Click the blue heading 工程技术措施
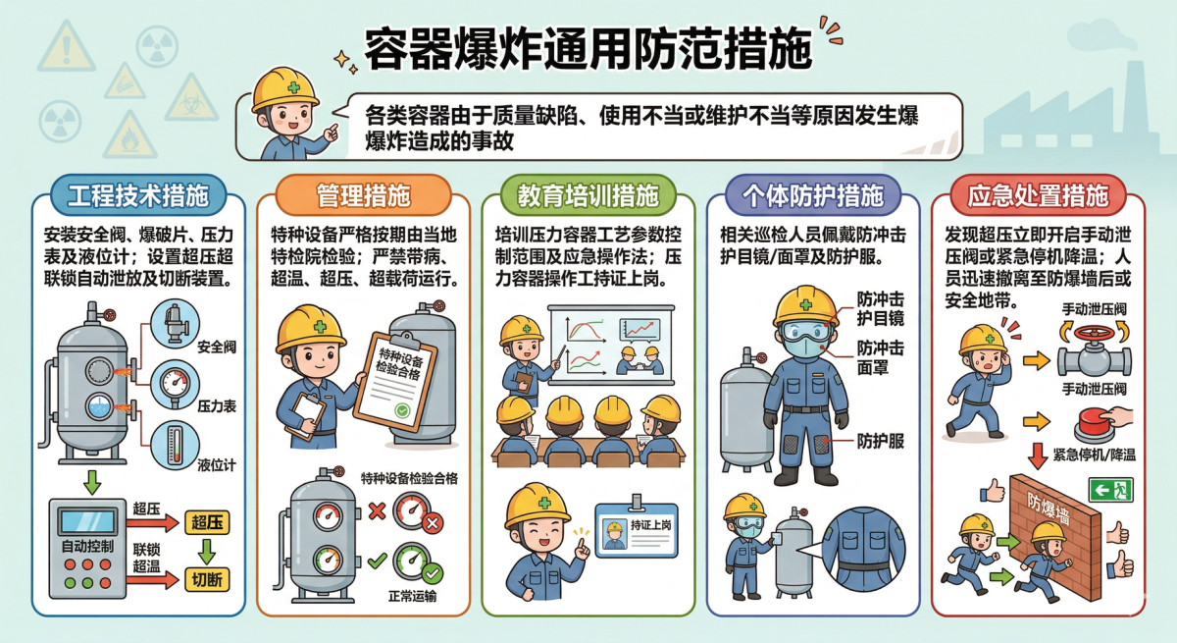(x=138, y=195)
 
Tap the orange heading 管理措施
(x=363, y=195)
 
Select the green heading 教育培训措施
(x=588, y=195)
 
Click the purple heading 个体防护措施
(x=813, y=195)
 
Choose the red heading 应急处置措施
(x=1038, y=195)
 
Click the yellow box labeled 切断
(x=207, y=579)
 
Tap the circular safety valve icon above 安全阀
(x=175, y=324)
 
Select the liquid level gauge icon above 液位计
(x=175, y=446)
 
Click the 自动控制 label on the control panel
(x=87, y=546)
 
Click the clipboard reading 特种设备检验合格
(x=395, y=381)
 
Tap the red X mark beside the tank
(x=377, y=510)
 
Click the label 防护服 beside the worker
(x=881, y=441)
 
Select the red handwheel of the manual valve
(x=1095, y=333)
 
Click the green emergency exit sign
(x=1110, y=490)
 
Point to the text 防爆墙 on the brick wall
(x=1049, y=508)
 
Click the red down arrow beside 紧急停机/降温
(x=1038, y=455)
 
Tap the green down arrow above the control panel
(x=92, y=483)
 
